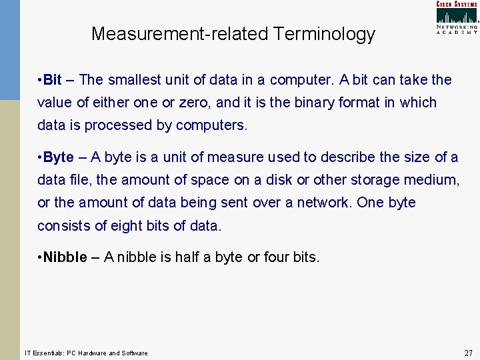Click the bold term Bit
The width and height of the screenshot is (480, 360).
[x=52, y=80]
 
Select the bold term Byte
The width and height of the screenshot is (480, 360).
[x=59, y=157]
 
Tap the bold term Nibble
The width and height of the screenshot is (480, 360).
[x=65, y=257]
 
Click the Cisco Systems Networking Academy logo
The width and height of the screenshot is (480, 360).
[x=457, y=17]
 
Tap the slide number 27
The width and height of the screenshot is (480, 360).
[x=468, y=353]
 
